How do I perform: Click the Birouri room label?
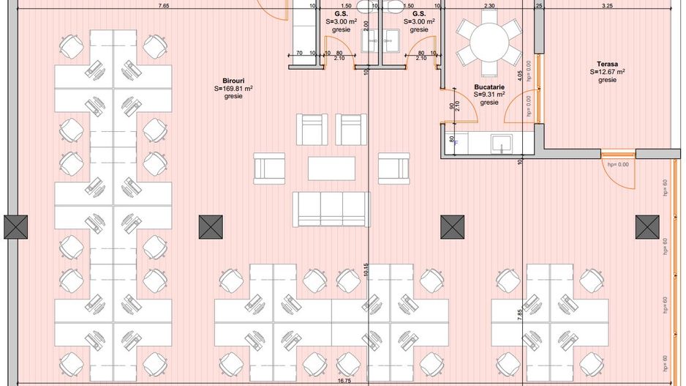point(233,81)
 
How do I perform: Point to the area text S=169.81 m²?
point(233,89)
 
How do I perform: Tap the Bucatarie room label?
point(489,86)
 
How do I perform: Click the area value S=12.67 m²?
point(606,72)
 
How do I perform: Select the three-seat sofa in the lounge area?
point(331,209)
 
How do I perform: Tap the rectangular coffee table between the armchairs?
point(331,168)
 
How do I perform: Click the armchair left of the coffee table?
point(269,168)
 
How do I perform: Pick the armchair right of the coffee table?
point(393,168)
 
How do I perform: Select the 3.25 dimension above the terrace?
point(606,6)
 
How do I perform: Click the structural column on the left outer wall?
point(15,227)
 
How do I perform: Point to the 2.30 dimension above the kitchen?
point(489,6)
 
